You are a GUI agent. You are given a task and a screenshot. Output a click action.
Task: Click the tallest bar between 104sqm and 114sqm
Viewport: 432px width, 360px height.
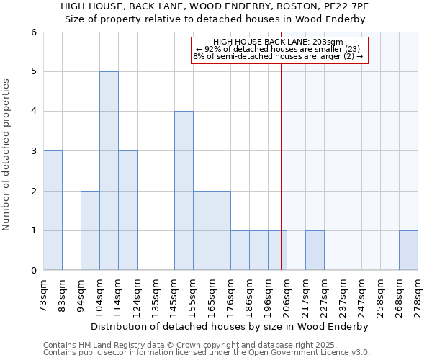click(x=109, y=171)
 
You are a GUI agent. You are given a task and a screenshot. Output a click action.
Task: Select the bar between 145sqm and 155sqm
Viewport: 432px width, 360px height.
click(x=184, y=191)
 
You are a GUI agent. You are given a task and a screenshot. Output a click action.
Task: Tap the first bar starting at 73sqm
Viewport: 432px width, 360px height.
click(x=53, y=210)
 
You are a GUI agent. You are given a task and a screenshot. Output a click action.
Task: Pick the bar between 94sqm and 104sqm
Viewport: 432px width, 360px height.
click(x=90, y=230)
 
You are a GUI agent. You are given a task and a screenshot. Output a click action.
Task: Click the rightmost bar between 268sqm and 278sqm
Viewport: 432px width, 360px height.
click(x=408, y=251)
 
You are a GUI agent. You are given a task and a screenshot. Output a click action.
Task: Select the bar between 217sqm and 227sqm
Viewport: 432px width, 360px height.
click(x=315, y=251)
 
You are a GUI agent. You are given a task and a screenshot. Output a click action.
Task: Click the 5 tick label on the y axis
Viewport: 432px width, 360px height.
click(x=33, y=71)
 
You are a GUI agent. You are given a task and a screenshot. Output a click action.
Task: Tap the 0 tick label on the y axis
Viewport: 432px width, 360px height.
click(x=33, y=271)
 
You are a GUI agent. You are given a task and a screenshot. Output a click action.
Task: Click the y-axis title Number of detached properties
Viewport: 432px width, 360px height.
click(x=7, y=155)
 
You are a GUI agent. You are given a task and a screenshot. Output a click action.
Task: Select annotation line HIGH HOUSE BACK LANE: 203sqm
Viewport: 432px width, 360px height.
click(x=278, y=42)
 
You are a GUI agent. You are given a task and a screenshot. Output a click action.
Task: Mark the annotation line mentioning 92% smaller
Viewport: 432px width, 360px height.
click(x=278, y=49)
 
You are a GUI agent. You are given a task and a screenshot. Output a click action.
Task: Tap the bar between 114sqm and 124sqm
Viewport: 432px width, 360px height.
click(x=127, y=210)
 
